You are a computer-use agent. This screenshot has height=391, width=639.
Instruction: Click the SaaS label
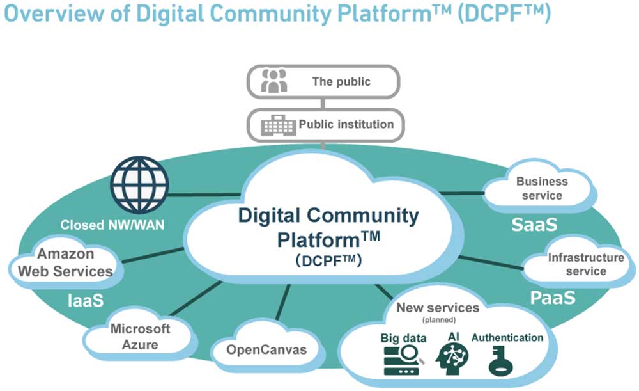tap(534, 225)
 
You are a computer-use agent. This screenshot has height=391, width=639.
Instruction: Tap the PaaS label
tap(553, 297)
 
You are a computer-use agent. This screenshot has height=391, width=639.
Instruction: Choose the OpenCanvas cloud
tap(266, 350)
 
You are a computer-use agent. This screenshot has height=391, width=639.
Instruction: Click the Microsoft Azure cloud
tap(140, 337)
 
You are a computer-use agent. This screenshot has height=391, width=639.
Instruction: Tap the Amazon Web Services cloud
tap(65, 262)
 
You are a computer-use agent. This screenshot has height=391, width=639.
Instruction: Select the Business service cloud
tap(541, 189)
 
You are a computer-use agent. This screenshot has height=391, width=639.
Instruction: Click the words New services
tap(438, 308)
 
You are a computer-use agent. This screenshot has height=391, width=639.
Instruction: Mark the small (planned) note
tap(438, 319)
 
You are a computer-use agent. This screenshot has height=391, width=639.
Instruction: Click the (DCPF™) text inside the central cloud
tap(329, 260)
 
